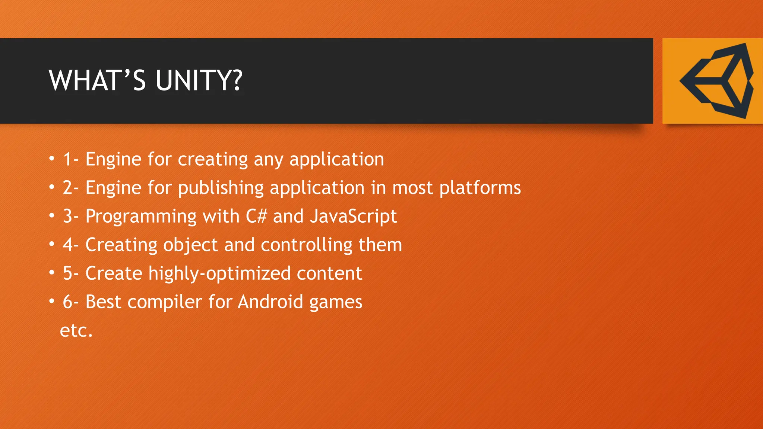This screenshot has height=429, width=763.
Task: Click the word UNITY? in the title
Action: click(199, 80)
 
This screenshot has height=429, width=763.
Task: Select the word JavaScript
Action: click(354, 216)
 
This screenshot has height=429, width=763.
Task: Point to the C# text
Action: click(256, 216)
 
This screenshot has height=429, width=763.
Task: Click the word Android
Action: click(270, 302)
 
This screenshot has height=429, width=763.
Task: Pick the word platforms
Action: click(480, 188)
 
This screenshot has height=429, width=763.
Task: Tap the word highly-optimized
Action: click(219, 274)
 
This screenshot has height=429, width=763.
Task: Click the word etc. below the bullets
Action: click(76, 330)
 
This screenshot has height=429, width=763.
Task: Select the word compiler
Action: click(165, 302)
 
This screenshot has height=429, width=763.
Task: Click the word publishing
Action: click(221, 188)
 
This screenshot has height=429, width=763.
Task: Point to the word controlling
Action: click(307, 245)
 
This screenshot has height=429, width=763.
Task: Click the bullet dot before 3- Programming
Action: click(52, 216)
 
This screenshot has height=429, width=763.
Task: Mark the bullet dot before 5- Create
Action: click(52, 273)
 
